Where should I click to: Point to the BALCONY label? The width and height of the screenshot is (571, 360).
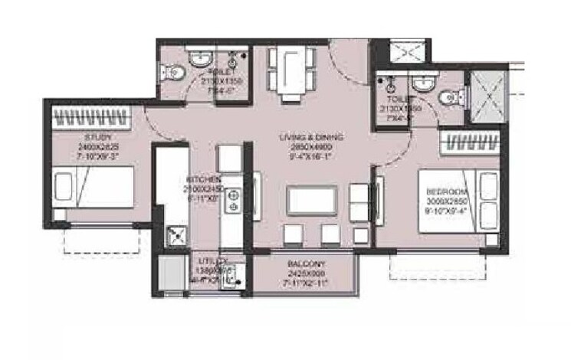pyautogui.click(x=306, y=262)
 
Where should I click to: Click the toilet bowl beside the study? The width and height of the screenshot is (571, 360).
pyautogui.click(x=175, y=72)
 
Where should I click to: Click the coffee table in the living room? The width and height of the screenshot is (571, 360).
pyautogui.click(x=311, y=201)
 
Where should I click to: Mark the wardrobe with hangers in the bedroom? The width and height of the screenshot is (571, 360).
pyautogui.click(x=473, y=142)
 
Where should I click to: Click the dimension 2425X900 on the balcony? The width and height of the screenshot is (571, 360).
pyautogui.click(x=306, y=270)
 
